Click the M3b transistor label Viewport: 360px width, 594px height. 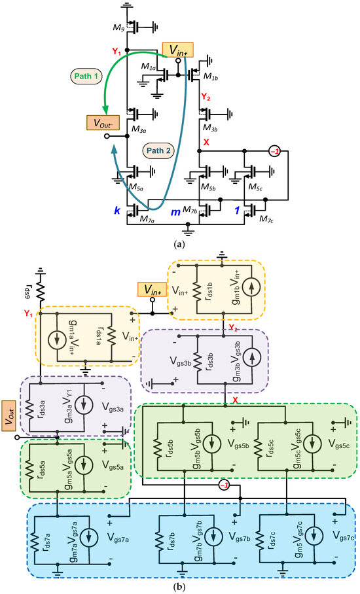[x=211, y=124]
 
